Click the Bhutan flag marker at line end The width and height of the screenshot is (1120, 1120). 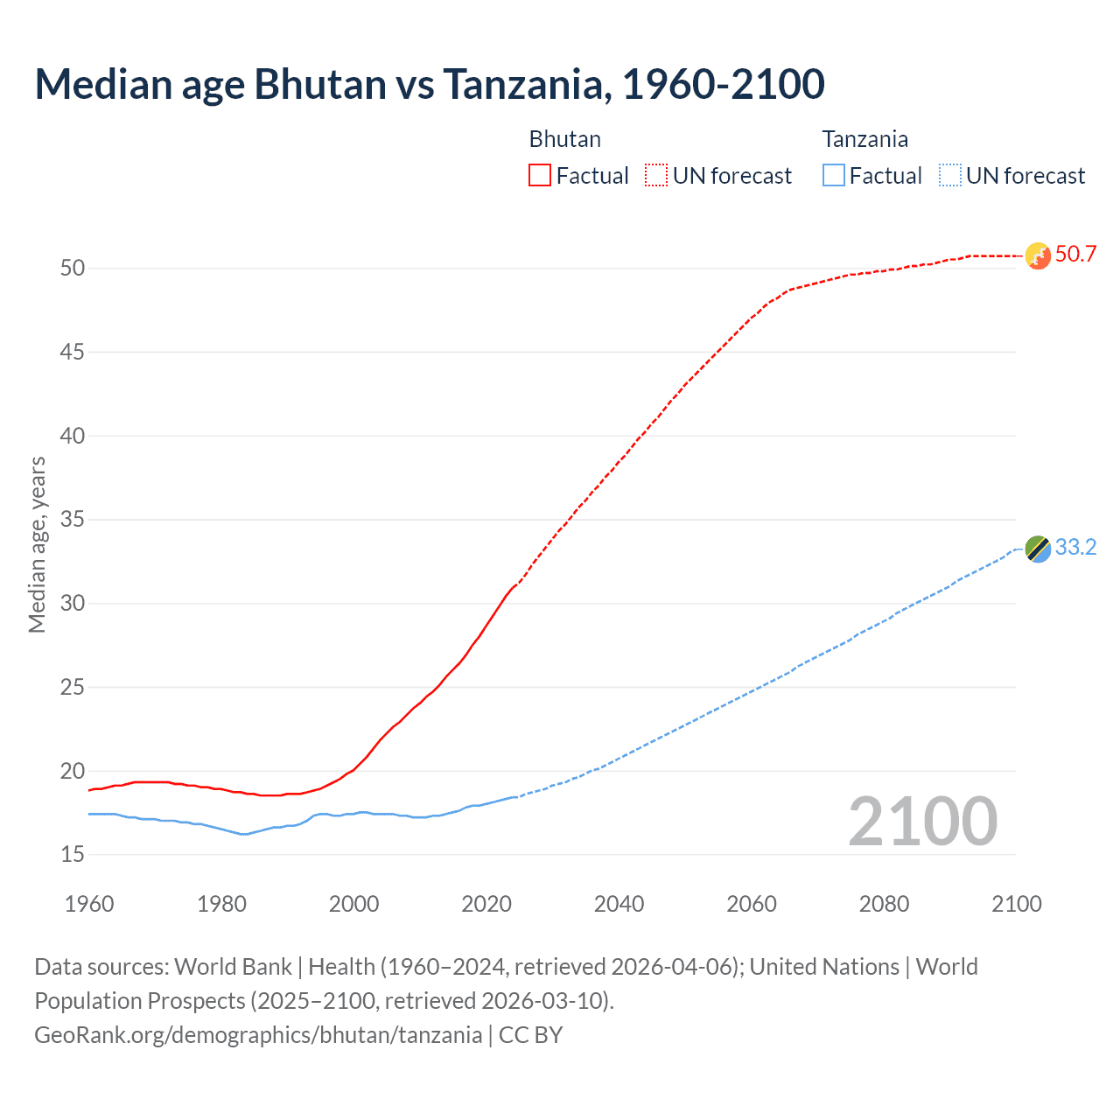[1037, 256]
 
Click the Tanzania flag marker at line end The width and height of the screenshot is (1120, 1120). [1037, 549]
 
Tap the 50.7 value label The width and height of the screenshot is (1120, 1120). [1075, 255]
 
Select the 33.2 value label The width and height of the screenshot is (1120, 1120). [1075, 548]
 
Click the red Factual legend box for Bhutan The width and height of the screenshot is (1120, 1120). [540, 176]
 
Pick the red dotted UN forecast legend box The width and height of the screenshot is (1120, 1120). [656, 176]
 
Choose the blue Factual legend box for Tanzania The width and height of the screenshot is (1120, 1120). [834, 176]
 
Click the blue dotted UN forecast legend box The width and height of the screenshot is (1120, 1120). [950, 176]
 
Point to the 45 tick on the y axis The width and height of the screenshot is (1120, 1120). [73, 353]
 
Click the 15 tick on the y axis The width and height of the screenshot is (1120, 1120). [73, 855]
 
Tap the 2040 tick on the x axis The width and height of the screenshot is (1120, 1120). [619, 904]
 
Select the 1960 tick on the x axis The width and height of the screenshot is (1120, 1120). [89, 904]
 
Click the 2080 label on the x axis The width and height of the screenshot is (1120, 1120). [884, 904]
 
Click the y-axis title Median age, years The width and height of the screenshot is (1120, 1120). [37, 545]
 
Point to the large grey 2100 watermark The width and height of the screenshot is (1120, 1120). [922, 822]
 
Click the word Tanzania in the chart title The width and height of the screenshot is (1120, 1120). [522, 85]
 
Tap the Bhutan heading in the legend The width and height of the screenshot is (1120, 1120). [564, 139]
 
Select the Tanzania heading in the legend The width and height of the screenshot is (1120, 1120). [864, 139]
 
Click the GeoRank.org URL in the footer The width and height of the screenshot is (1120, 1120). [258, 1035]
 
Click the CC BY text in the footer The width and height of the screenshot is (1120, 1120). [530, 1035]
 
